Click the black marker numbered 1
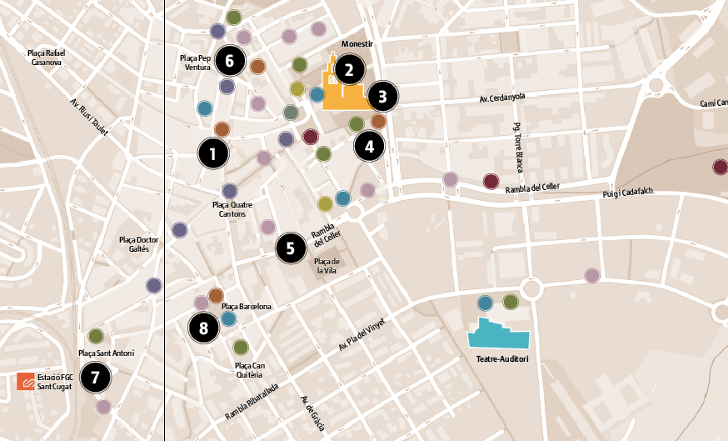[x=213, y=153]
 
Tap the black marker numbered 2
[x=349, y=70]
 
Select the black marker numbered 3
[x=382, y=97]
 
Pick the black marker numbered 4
[x=369, y=147]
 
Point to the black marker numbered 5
[x=291, y=248]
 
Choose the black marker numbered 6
[x=230, y=60]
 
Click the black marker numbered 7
[x=95, y=378]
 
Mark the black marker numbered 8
[x=203, y=328]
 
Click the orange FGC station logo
[x=26, y=382]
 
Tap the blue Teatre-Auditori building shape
[x=499, y=334]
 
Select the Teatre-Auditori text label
[x=502, y=360]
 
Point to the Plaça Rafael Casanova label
[x=46, y=58]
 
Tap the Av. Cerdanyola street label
[x=502, y=98]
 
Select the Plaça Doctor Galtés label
[x=139, y=243]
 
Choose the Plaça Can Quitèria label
[x=250, y=369]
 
